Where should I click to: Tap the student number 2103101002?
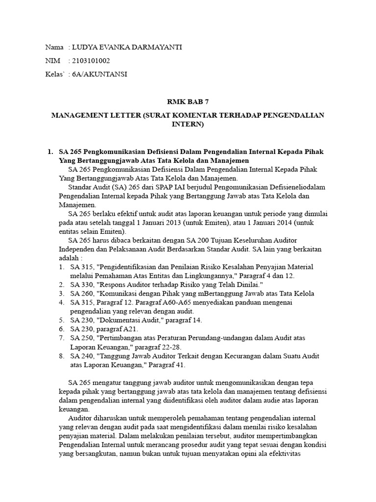pyautogui.click(x=91, y=61)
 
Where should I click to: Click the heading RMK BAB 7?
pyautogui.click(x=188, y=102)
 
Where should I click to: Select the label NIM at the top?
pyautogui.click(x=52, y=61)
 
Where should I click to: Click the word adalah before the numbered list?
pyautogui.click(x=68, y=258)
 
